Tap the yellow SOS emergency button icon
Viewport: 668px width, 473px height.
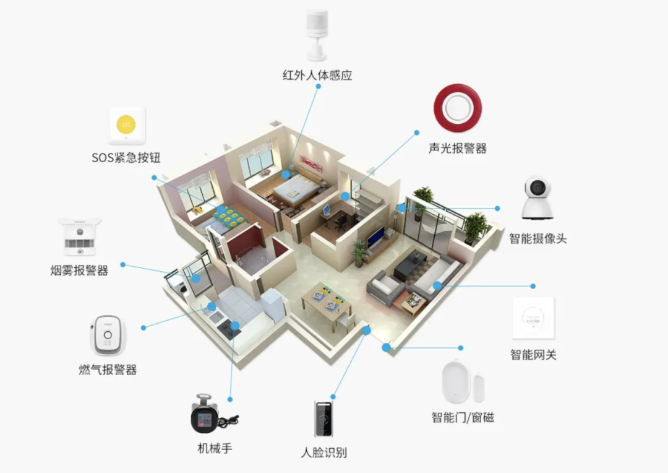click(127, 126)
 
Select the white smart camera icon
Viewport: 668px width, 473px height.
click(536, 198)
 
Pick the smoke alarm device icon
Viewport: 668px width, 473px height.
click(80, 237)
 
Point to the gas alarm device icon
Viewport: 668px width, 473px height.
click(108, 336)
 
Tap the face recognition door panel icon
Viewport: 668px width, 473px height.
click(323, 419)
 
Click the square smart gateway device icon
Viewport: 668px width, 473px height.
click(533, 318)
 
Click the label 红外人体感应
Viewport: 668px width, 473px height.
click(317, 76)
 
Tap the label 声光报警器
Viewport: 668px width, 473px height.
click(458, 149)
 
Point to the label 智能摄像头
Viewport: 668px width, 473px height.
click(537, 238)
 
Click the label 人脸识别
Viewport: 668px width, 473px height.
click(323, 453)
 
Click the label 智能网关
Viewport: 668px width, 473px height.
click(533, 355)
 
